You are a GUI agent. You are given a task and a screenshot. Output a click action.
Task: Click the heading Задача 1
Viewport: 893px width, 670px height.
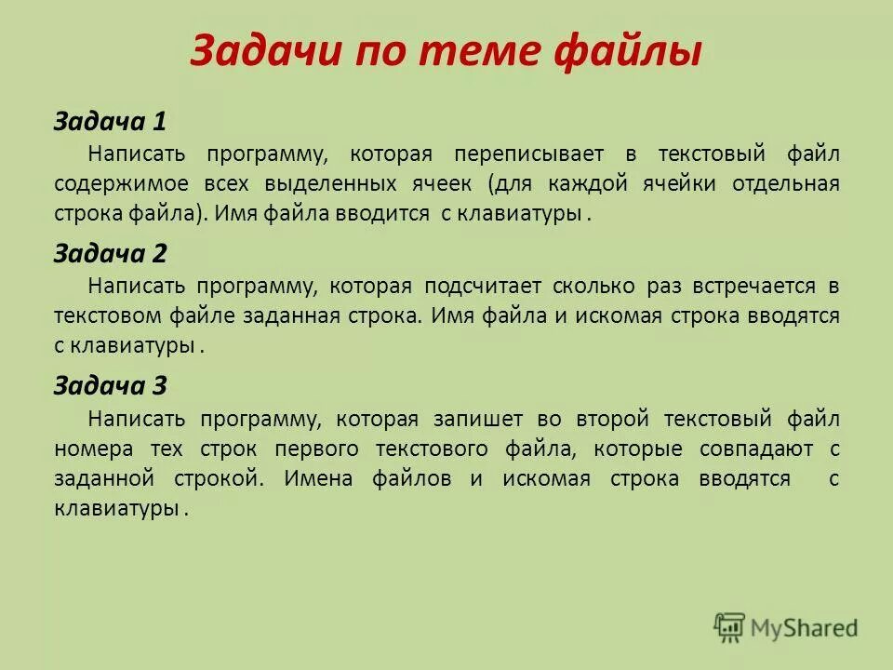(x=110, y=121)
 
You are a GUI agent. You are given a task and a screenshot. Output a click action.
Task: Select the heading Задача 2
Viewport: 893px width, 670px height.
(x=110, y=253)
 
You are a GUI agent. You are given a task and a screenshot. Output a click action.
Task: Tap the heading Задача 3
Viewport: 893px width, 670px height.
(x=110, y=386)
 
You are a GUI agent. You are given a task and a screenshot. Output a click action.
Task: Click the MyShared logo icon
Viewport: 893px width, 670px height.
(x=730, y=628)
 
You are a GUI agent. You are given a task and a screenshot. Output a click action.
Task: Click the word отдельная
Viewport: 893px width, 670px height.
(x=787, y=182)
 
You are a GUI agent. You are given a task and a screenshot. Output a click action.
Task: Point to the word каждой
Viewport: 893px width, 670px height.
(x=622, y=182)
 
